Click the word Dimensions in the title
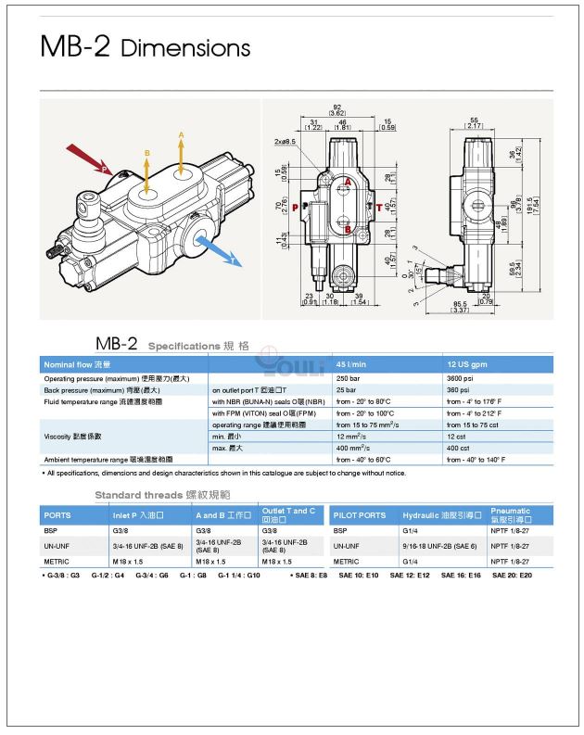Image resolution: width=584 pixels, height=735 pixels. pos(185,47)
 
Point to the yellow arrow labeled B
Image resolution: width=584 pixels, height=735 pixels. pos(146,171)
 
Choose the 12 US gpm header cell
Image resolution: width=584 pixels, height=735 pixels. pos(466,364)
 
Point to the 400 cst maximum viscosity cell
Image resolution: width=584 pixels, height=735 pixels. pos(457,448)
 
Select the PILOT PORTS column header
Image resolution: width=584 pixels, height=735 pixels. pos(360,515)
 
